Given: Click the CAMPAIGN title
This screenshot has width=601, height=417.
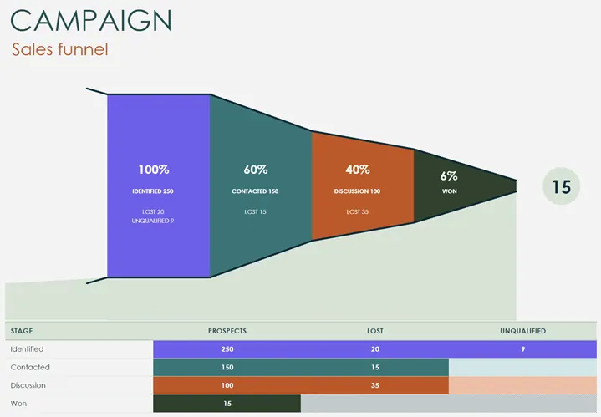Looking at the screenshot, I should pyautogui.click(x=93, y=20).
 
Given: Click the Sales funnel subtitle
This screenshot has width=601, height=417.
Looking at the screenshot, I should pyautogui.click(x=59, y=50).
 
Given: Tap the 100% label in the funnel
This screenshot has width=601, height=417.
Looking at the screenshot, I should pyautogui.click(x=153, y=170).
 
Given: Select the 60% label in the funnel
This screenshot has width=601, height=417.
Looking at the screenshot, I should pyautogui.click(x=255, y=170).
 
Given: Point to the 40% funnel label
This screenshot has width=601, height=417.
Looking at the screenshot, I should pyautogui.click(x=357, y=170).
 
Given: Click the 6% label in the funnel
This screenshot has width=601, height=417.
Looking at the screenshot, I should pyautogui.click(x=449, y=175).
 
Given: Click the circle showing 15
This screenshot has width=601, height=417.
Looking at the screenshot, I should pyautogui.click(x=561, y=186).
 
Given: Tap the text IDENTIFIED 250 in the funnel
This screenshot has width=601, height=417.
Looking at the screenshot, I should pyautogui.click(x=153, y=192).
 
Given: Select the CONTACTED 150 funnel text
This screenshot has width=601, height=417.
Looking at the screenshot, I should pyautogui.click(x=255, y=192).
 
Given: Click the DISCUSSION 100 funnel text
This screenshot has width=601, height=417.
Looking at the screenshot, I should pyautogui.click(x=357, y=192).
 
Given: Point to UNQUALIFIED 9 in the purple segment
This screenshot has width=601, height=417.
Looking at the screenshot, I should pyautogui.click(x=153, y=221).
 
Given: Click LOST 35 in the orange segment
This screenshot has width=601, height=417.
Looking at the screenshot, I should pyautogui.click(x=357, y=211).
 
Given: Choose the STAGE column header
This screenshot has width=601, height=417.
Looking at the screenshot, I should pyautogui.click(x=22, y=331).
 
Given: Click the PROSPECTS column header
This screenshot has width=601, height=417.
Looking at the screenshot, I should pyautogui.click(x=227, y=331).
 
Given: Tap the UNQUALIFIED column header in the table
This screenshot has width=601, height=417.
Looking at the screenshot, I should pyautogui.click(x=522, y=331).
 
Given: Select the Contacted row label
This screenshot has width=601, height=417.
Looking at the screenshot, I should pyautogui.click(x=30, y=368).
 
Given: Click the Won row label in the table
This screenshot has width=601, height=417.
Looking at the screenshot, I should pyautogui.click(x=19, y=404).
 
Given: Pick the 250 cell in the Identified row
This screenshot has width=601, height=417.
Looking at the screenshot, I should pyautogui.click(x=227, y=349).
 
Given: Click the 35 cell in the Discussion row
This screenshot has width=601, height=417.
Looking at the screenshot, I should pyautogui.click(x=374, y=386).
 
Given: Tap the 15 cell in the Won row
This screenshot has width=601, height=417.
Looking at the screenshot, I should pyautogui.click(x=227, y=404).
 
